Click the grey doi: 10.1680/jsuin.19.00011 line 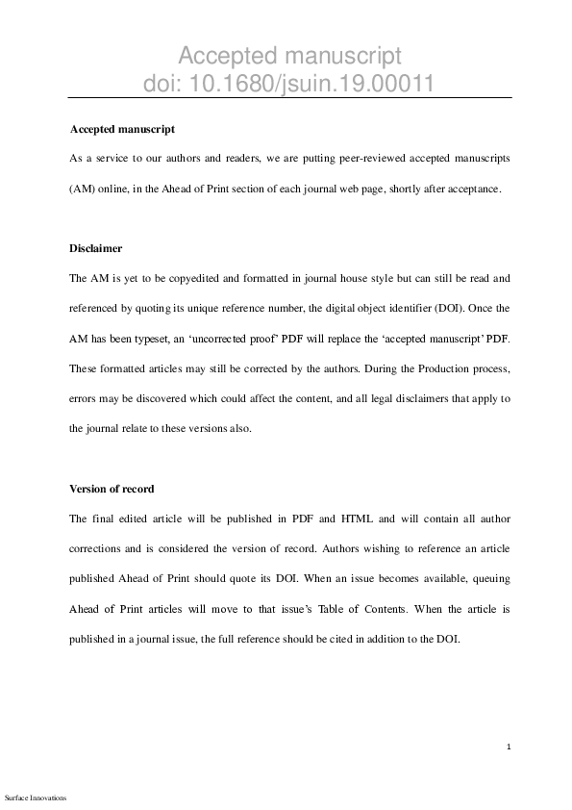pos(287,84)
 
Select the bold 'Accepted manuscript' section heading pos(122,128)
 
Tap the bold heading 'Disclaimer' pos(96,248)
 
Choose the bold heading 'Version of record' pos(112,489)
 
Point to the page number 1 pos(509,747)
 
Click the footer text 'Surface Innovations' pos(36,797)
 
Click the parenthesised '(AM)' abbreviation pos(82,189)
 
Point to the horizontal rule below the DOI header pos(288,98)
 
